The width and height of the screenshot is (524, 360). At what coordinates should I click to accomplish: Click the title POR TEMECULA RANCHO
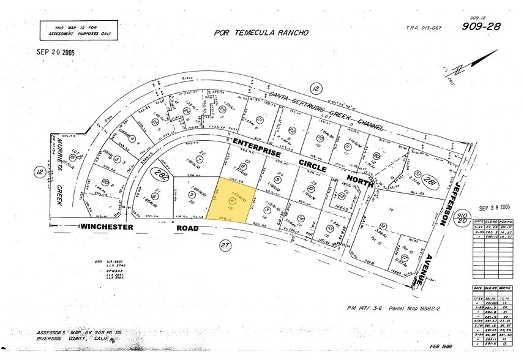pyautogui.click(x=261, y=33)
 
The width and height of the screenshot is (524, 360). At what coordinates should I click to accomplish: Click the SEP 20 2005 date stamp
pyautogui.click(x=54, y=52)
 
